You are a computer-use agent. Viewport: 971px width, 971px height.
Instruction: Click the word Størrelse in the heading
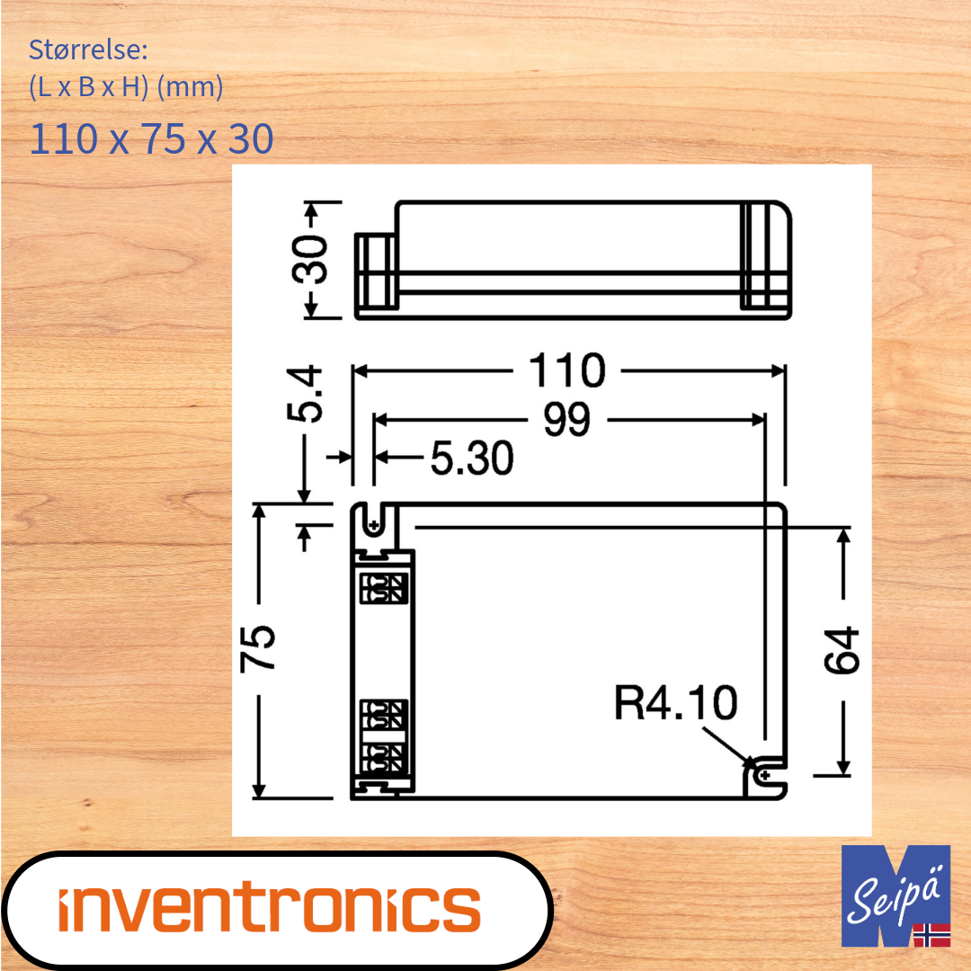[x=82, y=49]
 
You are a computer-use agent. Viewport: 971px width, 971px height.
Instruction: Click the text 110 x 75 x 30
[x=151, y=139]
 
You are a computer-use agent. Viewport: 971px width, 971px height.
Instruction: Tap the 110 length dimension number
[x=566, y=370]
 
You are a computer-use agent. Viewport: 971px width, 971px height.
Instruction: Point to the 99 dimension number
[x=566, y=420]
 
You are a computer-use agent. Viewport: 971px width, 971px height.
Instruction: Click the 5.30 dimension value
[x=471, y=459]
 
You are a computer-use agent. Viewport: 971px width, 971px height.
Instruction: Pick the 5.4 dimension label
[x=304, y=394]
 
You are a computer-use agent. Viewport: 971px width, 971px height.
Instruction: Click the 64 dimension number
[x=842, y=651]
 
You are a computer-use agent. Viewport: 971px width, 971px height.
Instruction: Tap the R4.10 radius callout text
[x=675, y=702]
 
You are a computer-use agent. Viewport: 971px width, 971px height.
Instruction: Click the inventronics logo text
[x=270, y=908]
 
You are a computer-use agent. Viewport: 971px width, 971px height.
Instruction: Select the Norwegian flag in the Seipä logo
[x=931, y=935]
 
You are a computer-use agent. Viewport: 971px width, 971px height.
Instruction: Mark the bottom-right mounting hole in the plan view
[x=764, y=774]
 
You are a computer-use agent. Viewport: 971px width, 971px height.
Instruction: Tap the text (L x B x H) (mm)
[x=126, y=88]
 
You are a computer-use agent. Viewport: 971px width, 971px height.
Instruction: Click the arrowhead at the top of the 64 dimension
[x=842, y=536]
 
